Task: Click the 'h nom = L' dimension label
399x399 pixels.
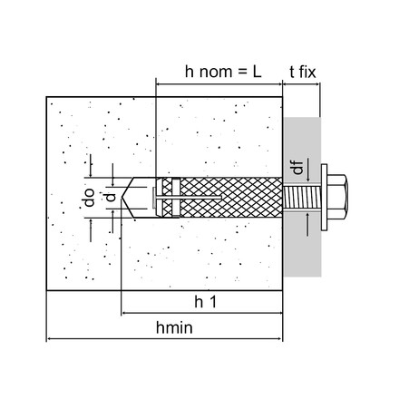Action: tap(223, 72)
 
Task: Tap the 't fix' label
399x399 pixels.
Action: tap(303, 72)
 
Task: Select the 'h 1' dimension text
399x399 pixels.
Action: tap(206, 302)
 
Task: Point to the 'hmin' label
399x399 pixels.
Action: tap(174, 327)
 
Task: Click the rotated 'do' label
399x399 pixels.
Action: tap(89, 198)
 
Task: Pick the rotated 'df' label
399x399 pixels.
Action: tap(298, 168)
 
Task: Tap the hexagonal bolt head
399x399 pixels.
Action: tap(337, 197)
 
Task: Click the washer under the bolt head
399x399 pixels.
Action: tap(324, 198)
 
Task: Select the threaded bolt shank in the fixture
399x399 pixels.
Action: tap(302, 198)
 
